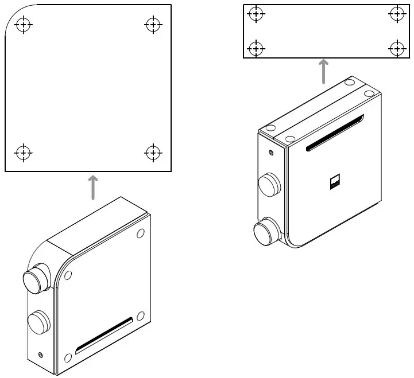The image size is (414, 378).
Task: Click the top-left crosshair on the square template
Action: (x=24, y=25)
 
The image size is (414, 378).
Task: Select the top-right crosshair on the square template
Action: (x=153, y=25)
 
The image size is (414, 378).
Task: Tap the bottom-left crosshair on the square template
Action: (x=23, y=153)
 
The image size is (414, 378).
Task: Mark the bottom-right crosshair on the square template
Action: (x=153, y=153)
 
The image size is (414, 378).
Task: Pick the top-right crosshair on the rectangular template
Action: (x=397, y=14)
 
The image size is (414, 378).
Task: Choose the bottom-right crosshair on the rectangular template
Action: (x=397, y=48)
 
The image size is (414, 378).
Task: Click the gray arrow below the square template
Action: (x=93, y=188)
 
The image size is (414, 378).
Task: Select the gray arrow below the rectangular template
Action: (x=324, y=71)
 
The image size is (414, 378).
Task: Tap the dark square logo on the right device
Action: (x=335, y=183)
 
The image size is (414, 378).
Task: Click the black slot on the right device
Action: (x=335, y=133)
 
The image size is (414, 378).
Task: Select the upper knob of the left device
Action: (x=36, y=279)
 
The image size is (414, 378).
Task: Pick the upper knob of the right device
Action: (x=268, y=185)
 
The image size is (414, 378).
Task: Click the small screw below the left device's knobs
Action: (x=40, y=355)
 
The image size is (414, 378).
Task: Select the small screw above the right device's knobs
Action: (x=271, y=153)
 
